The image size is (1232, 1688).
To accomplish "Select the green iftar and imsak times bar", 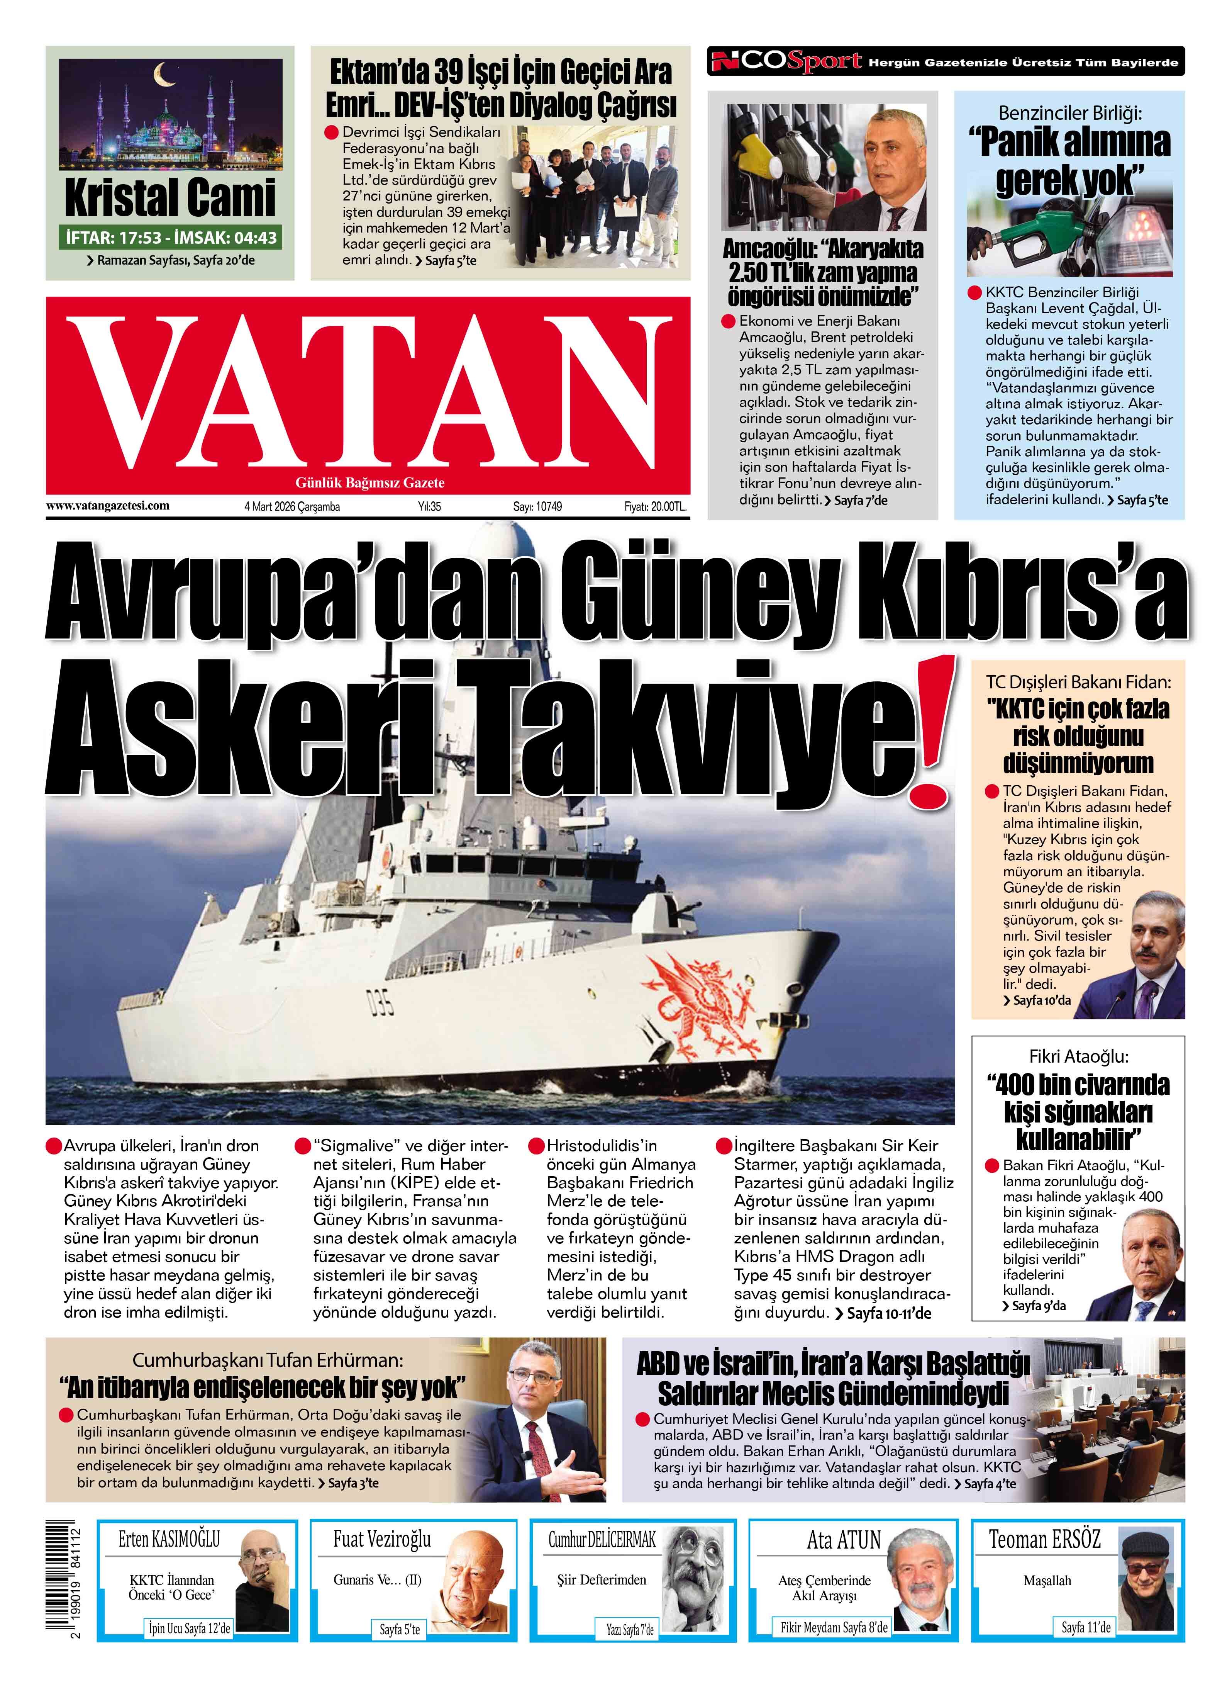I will (x=171, y=238).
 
